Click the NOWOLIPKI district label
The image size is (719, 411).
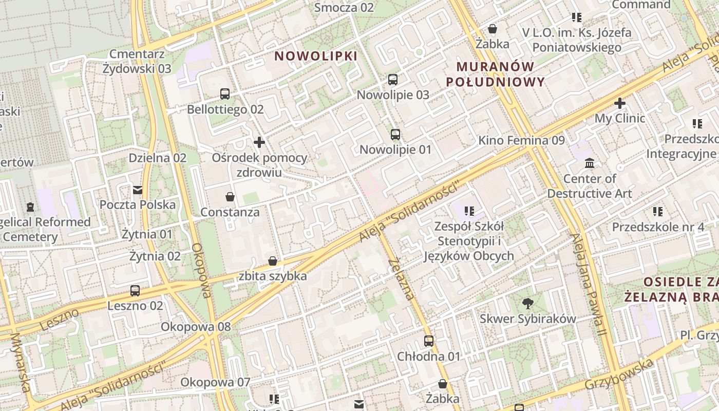tap(315, 56)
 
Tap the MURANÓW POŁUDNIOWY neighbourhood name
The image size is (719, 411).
tap(495, 74)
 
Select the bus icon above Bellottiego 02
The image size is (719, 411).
tap(225, 94)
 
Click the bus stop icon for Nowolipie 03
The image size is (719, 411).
tap(393, 80)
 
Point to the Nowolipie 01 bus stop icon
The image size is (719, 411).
tap(395, 135)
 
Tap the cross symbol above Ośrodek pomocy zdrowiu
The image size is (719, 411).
tap(259, 142)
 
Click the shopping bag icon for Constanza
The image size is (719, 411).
tap(230, 197)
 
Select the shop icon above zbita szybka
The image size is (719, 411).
tap(273, 261)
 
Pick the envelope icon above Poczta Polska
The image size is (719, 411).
tap(137, 190)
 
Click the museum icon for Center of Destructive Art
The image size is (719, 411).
tap(590, 163)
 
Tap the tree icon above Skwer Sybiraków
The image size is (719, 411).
tap(527, 304)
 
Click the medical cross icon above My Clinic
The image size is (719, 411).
tap(620, 103)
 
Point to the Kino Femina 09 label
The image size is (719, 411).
tap(521, 140)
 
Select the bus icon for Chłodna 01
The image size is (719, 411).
tap(428, 341)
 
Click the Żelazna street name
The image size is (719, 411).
tap(401, 279)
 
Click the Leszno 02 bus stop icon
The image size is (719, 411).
tap(135, 291)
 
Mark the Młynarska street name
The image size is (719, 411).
tap(21, 362)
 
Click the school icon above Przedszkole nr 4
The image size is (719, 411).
tap(658, 212)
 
